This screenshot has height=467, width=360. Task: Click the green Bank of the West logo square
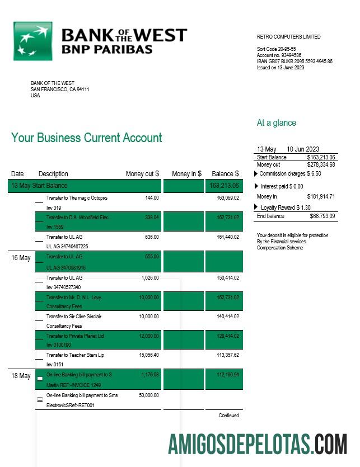[x=32, y=41]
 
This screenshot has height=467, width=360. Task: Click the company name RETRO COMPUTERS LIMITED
[x=288, y=37]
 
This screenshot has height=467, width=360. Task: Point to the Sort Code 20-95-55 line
[x=276, y=49]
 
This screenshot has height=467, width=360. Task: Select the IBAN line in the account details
[x=294, y=62]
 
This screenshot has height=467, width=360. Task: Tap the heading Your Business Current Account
[x=87, y=138]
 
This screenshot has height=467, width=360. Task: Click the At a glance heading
[x=277, y=123]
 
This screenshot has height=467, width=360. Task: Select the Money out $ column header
[x=142, y=174]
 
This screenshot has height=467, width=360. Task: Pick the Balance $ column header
[x=225, y=174]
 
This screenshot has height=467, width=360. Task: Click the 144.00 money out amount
[x=152, y=198]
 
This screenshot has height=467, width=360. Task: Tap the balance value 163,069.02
[x=227, y=198]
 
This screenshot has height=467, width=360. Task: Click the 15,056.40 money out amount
[x=148, y=355]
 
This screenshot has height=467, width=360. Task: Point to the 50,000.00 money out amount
[x=148, y=395]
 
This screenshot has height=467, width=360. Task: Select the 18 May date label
[x=21, y=376]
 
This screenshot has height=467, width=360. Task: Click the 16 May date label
[x=21, y=258]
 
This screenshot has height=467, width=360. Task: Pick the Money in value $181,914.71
[x=321, y=197]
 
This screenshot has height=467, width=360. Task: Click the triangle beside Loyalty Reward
[x=257, y=207]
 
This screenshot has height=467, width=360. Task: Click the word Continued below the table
[x=228, y=416]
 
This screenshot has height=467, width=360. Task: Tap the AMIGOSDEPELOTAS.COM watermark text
[x=258, y=444]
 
